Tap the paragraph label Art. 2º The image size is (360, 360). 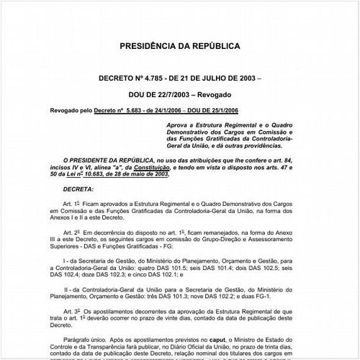71,235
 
